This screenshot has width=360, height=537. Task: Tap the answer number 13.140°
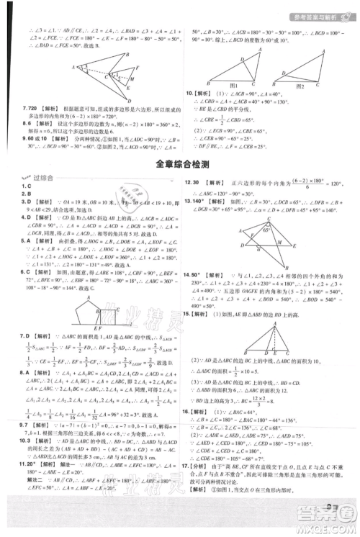pos(198,202)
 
